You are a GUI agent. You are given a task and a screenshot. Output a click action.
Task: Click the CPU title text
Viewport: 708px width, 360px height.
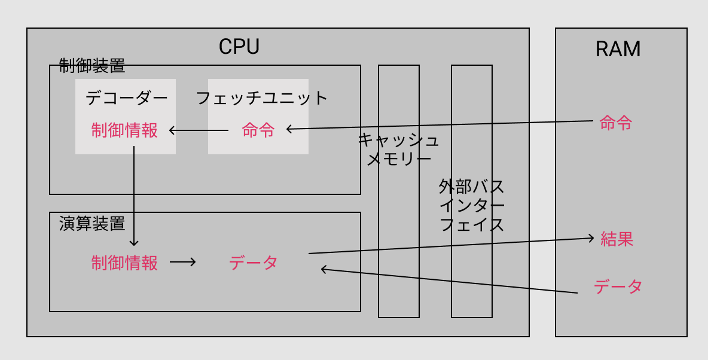point(239,47)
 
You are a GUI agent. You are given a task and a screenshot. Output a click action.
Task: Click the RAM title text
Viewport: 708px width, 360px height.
point(618,49)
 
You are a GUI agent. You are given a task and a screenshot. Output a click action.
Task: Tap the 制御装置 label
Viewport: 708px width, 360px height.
point(92,66)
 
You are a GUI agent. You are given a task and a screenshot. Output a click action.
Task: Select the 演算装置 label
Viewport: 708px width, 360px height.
point(92,224)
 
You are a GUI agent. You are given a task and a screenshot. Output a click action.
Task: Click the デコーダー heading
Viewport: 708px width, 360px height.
point(127,97)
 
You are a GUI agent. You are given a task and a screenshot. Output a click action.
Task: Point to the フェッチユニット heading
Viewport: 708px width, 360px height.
point(263,97)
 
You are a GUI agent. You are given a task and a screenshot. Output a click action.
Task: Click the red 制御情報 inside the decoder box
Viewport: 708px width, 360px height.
point(124,130)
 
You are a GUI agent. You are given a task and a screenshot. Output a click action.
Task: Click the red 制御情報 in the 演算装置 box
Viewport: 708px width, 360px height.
point(124,263)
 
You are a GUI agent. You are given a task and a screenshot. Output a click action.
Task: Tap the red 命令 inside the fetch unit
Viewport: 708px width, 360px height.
point(258,130)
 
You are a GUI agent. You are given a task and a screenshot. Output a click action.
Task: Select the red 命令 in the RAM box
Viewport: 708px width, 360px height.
point(616,124)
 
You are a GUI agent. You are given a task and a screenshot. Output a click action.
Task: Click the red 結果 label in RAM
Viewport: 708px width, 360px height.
point(617,240)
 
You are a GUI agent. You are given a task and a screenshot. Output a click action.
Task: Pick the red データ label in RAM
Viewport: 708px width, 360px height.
point(618,286)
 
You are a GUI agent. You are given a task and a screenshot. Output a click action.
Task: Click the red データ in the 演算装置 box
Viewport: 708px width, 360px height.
point(253,263)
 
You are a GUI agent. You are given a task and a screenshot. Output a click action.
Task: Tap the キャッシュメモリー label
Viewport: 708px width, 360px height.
point(399,150)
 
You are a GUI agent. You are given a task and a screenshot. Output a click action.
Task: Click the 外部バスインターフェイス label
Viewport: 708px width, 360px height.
point(471,206)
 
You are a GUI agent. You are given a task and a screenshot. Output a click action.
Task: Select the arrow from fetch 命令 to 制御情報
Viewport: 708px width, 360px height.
point(199,130)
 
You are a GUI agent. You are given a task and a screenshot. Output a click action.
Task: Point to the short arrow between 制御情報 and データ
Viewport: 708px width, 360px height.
point(182,262)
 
